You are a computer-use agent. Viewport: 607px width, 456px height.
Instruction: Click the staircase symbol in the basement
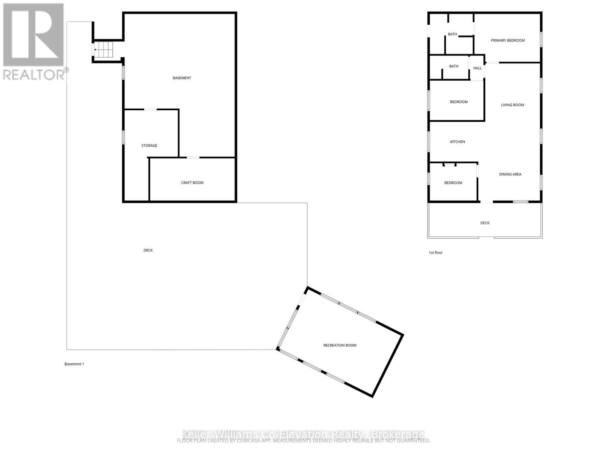[x=104, y=50]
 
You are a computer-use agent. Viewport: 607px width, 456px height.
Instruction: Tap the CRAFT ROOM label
[x=192, y=183]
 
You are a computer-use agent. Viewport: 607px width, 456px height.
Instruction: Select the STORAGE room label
[x=149, y=146]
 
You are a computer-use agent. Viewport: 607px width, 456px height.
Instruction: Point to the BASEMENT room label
[x=182, y=78]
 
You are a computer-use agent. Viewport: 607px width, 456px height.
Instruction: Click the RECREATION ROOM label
[x=340, y=345]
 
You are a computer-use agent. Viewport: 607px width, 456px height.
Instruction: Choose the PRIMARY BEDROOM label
[x=508, y=40]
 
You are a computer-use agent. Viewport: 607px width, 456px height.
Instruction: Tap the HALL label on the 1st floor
[x=478, y=68]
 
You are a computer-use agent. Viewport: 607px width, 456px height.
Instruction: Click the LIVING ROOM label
[x=513, y=105]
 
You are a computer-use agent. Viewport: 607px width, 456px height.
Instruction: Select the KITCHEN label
[x=458, y=142]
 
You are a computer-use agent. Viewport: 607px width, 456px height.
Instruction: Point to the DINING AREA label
[x=510, y=174]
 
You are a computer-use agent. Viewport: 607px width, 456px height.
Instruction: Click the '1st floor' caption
[x=436, y=253]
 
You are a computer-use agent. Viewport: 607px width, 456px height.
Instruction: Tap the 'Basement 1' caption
[x=74, y=364]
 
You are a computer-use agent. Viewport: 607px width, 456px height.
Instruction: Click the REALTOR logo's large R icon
[x=33, y=35]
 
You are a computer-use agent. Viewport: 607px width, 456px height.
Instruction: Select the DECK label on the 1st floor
[x=485, y=223]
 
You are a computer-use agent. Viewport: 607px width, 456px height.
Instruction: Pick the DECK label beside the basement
[x=148, y=250]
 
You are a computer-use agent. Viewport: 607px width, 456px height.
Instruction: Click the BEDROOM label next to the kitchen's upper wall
[x=459, y=102]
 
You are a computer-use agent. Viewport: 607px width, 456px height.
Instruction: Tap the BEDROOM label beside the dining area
[x=453, y=183]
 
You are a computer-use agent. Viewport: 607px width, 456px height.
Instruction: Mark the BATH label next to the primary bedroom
[x=453, y=34]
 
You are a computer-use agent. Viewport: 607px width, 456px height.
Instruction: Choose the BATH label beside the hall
[x=454, y=66]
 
